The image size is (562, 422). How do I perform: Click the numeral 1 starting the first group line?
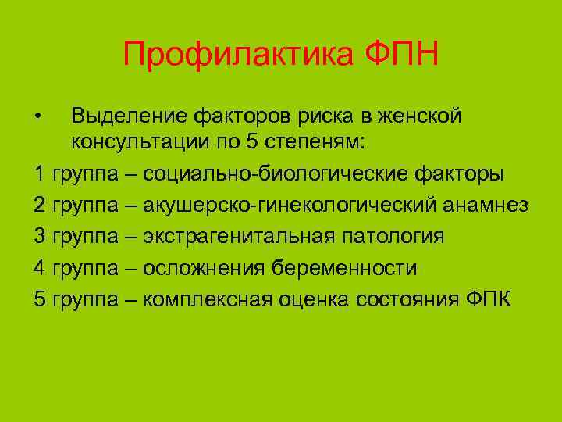39,173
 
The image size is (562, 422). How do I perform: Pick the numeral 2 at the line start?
40,205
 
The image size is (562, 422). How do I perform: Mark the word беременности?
345,268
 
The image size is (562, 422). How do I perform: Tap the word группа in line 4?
85,268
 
